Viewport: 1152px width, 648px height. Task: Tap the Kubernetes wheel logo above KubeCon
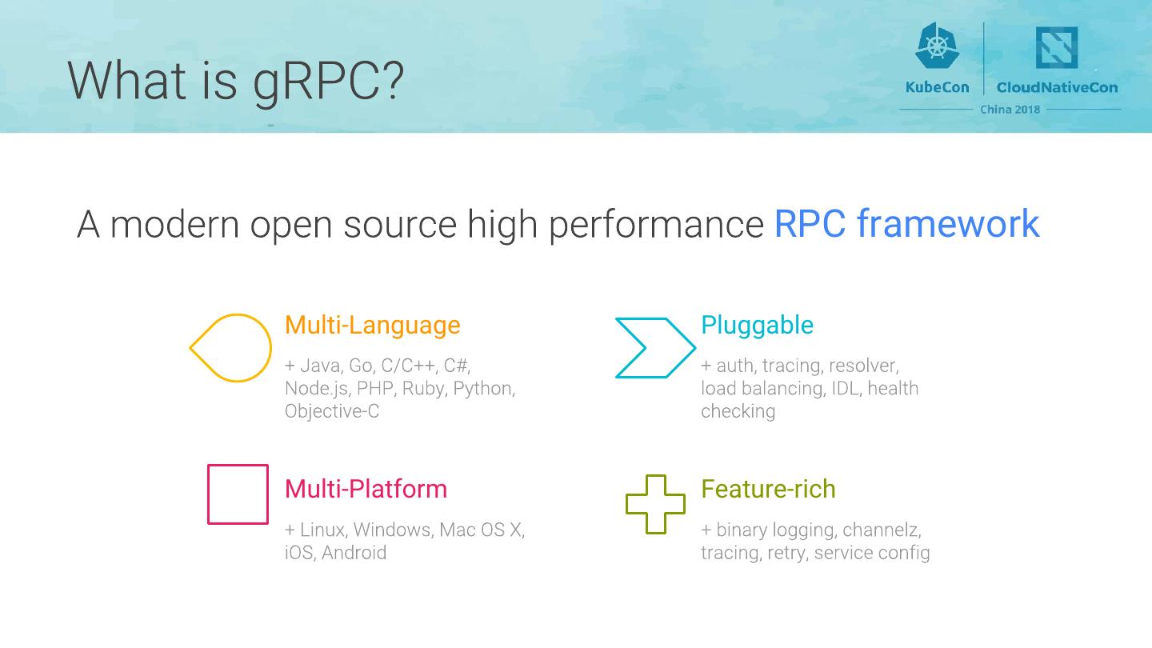click(937, 46)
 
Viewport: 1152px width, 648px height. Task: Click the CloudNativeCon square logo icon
click(1056, 48)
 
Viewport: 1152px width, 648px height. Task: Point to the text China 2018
click(1010, 110)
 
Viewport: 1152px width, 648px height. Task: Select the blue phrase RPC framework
click(906, 223)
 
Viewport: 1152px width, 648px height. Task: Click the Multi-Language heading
click(372, 325)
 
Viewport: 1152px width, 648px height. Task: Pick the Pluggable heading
click(757, 325)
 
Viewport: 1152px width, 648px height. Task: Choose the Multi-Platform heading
click(366, 489)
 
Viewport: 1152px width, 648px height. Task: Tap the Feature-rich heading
click(768, 489)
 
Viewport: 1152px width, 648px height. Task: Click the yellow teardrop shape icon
click(231, 348)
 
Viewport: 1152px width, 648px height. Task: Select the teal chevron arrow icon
click(654, 348)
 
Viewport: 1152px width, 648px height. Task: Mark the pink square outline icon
click(238, 494)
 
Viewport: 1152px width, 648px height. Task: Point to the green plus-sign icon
click(655, 504)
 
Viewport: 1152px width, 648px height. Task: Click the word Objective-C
click(332, 411)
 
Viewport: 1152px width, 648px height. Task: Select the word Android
click(354, 553)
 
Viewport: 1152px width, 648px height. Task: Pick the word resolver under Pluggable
click(863, 366)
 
